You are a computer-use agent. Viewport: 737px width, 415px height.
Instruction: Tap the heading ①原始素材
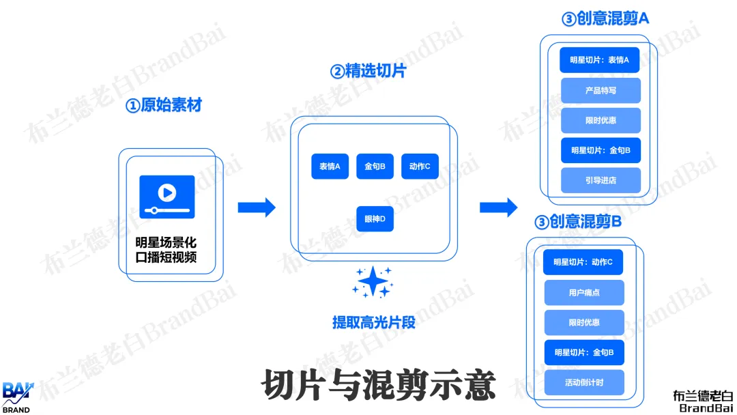point(164,106)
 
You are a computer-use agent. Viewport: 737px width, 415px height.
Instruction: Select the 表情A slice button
point(330,167)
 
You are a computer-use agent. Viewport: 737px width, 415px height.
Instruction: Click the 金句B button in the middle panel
point(375,167)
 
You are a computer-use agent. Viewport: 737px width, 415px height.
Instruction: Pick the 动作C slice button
point(420,167)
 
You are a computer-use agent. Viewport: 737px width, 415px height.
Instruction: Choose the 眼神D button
point(375,218)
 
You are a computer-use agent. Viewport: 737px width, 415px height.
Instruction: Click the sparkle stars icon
point(372,281)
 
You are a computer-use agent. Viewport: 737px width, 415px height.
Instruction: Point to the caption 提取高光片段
point(374,322)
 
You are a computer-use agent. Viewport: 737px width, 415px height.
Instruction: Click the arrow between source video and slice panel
point(257,207)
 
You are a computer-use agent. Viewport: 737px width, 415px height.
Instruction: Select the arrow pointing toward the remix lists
point(499,207)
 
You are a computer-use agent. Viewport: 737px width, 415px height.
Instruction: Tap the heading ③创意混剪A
point(605,18)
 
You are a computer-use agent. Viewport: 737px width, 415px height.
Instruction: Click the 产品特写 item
point(601,90)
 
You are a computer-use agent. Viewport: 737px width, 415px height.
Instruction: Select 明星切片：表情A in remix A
point(601,60)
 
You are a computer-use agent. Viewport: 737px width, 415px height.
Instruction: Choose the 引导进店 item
point(601,180)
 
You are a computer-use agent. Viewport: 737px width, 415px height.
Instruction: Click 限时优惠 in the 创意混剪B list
point(584,322)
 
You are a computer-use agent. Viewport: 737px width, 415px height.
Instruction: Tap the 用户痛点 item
point(584,292)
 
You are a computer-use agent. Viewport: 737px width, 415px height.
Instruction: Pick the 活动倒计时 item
point(584,382)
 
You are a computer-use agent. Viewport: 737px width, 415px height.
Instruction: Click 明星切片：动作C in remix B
point(583,262)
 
